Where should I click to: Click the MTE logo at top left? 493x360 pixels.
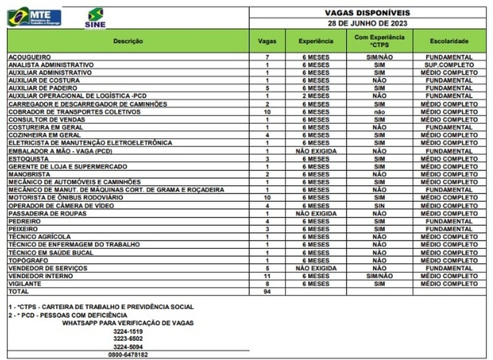point(34,18)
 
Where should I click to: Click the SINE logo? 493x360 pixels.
point(95,18)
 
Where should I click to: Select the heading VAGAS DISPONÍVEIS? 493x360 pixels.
point(367,13)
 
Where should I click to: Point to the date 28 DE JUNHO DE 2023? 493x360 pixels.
point(367,24)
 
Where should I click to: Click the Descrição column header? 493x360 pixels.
point(128,41)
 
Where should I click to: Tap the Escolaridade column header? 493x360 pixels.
point(449,41)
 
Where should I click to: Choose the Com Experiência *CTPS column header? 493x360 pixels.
point(379,41)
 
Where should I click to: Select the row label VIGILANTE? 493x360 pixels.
point(25,284)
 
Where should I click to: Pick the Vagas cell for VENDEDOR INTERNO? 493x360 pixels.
point(267,276)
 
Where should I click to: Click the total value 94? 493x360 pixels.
point(267,291)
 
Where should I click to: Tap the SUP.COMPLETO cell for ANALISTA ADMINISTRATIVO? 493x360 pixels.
point(449,65)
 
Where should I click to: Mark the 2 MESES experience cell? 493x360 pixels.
point(316,96)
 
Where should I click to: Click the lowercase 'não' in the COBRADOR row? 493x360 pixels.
point(379,112)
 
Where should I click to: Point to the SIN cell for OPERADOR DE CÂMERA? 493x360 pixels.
point(379,206)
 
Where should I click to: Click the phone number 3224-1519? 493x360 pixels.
point(128,331)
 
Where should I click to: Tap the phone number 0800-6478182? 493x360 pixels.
point(128,354)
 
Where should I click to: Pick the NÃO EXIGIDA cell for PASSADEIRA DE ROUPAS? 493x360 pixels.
point(316,213)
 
